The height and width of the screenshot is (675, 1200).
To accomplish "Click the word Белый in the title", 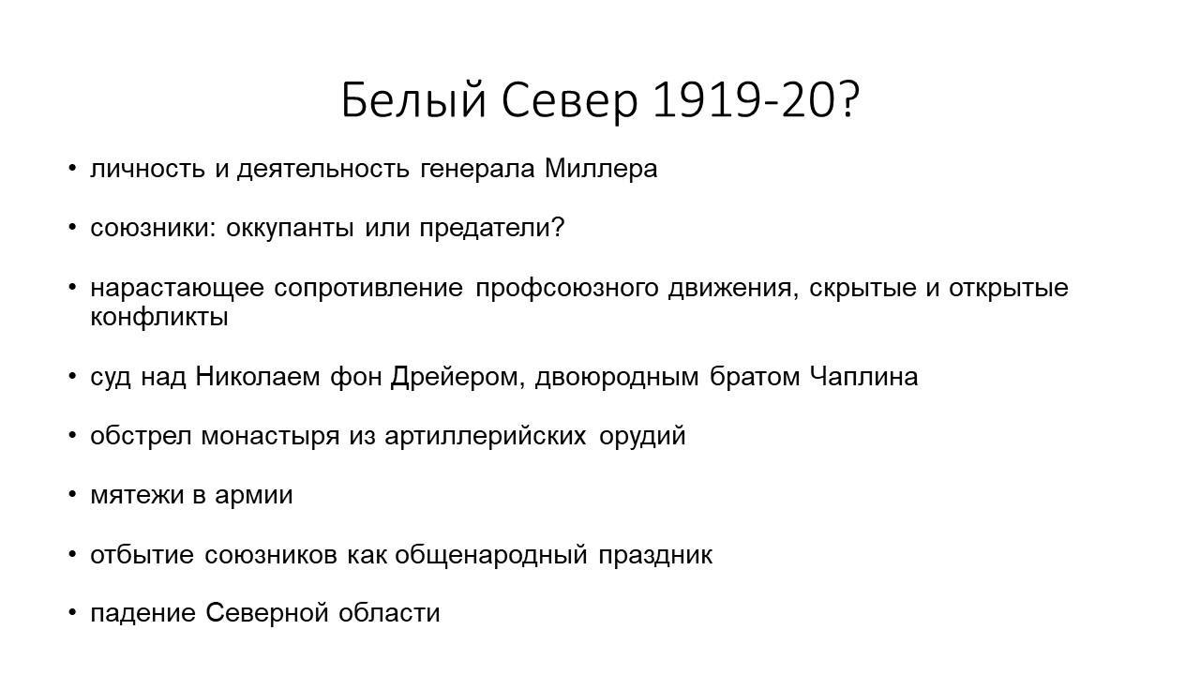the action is coord(413,99).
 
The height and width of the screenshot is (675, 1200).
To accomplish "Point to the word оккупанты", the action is coord(290,228).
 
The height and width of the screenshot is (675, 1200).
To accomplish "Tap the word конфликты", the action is coord(159,317).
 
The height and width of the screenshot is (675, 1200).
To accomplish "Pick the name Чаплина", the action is coord(863,377).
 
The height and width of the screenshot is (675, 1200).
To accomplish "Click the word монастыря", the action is coord(270,436).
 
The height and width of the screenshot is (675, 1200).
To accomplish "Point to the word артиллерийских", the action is coord(486,436).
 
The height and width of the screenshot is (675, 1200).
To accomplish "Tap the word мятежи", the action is coord(137,495).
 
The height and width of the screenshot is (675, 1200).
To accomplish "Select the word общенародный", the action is coord(491,555).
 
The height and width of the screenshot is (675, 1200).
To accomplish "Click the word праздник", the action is coord(655,555).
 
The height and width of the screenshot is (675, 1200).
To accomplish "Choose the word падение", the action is coord(143,614).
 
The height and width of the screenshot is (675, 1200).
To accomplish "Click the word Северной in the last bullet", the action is coord(267,613).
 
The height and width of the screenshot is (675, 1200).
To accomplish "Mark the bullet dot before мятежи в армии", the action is coord(72,495).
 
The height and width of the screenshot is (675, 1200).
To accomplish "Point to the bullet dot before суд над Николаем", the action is coord(72,377).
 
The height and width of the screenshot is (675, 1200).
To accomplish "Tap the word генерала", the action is coord(477,170).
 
